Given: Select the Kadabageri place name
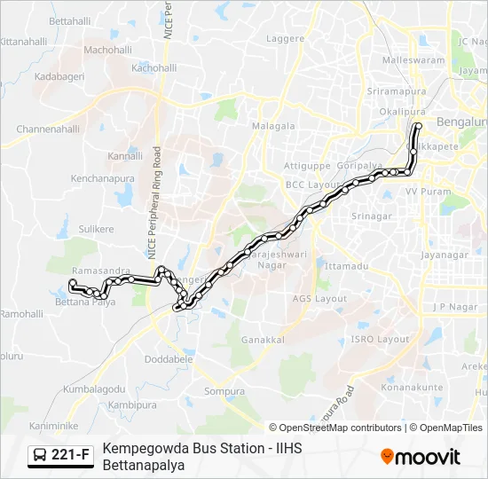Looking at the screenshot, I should [x=59, y=77].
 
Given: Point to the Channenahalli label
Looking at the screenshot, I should [x=48, y=129].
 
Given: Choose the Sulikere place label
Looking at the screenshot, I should [x=96, y=229].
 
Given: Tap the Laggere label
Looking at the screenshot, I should [x=285, y=39].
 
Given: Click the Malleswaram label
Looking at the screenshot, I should [x=413, y=60].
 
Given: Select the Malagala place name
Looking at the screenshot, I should [x=273, y=126].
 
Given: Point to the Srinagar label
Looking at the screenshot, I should [x=372, y=216].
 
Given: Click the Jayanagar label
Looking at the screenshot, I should [x=445, y=255].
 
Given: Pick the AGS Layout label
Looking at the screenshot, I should [x=319, y=299].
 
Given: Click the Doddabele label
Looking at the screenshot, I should [x=169, y=359].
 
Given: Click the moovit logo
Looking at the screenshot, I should [x=421, y=456].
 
